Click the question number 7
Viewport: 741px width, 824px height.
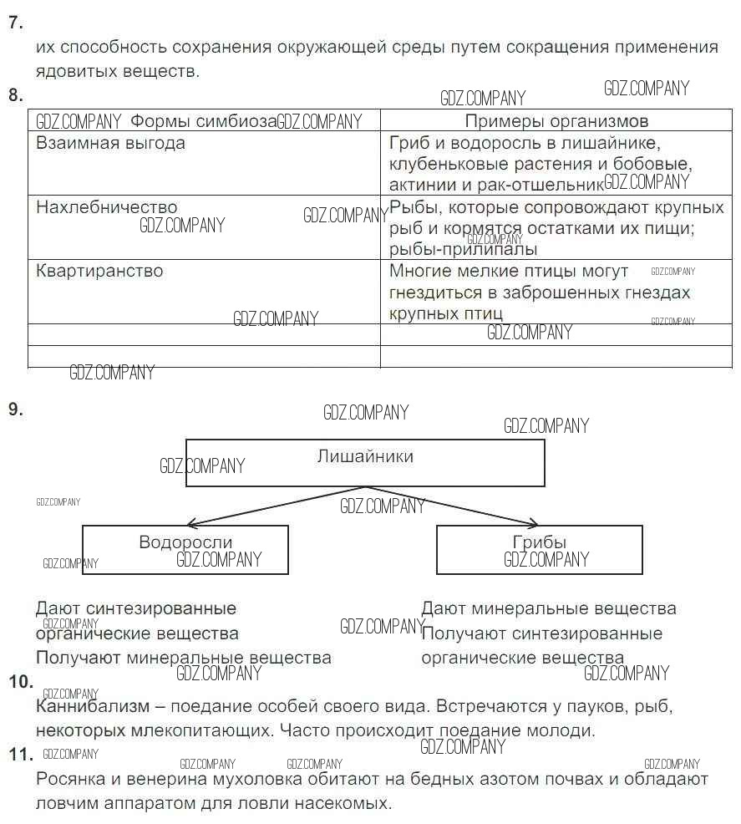point(14,23)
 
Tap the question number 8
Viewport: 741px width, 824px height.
point(14,94)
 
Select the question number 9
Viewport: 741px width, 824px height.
point(14,409)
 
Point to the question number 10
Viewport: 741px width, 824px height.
point(20,682)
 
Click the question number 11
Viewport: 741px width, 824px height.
point(20,755)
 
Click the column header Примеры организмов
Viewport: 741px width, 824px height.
point(556,121)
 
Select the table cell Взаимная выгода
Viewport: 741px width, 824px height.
point(110,143)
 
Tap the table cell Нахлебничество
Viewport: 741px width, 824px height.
point(107,207)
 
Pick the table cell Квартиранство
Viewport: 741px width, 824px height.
point(99,271)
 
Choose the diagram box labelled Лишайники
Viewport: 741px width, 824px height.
point(365,462)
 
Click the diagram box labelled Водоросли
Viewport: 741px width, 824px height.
point(185,549)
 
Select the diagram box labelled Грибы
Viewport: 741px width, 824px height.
point(539,549)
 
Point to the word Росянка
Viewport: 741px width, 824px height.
point(71,780)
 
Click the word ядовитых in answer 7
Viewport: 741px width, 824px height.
point(74,71)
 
